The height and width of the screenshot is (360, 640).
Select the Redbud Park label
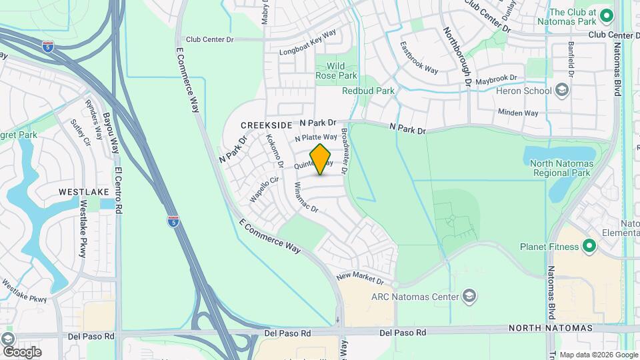point(368,91)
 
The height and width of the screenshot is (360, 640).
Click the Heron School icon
point(562,91)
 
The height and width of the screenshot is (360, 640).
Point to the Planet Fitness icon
point(589,247)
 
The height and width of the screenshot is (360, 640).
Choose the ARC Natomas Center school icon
point(469,296)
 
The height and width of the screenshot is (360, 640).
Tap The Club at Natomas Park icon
point(606,15)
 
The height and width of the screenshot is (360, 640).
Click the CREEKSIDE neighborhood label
point(267,125)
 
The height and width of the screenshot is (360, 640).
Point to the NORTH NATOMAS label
point(551,328)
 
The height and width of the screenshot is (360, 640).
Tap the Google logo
point(21,351)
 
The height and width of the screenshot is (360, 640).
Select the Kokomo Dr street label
point(275,151)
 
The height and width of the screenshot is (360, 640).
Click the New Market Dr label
point(361,277)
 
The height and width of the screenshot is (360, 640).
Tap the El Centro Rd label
point(119,189)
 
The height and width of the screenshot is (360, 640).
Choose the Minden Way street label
point(518,113)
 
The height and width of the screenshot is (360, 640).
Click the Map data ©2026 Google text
point(599,355)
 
